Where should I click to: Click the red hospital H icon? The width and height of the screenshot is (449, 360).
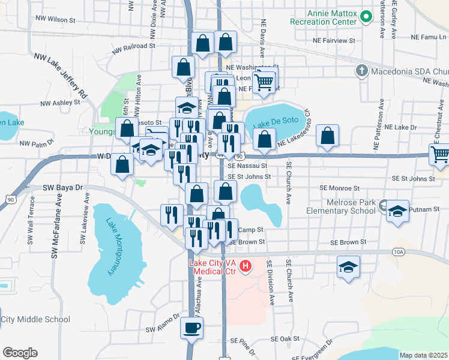(x=245, y=266)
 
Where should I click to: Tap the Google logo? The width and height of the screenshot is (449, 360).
(x=20, y=353)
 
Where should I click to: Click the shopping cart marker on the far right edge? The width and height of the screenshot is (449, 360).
(x=441, y=154)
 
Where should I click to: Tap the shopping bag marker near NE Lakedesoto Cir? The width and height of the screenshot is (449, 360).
(x=327, y=137)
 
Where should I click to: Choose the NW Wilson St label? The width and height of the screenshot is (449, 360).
(x=55, y=20)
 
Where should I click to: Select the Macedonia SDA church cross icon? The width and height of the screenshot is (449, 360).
(x=361, y=71)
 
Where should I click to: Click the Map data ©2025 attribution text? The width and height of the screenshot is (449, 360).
(x=423, y=355)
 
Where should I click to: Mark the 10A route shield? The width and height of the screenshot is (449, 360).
(x=399, y=252)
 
